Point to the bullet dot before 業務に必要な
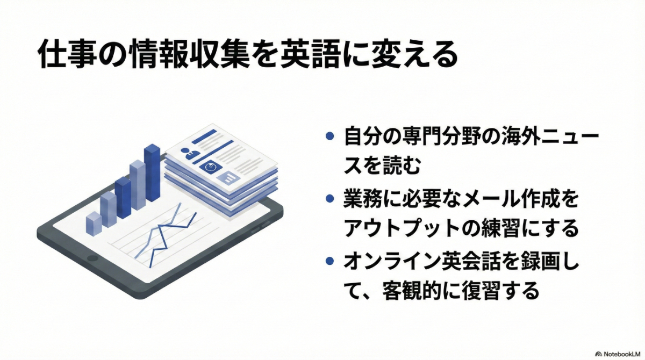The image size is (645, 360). [329, 199]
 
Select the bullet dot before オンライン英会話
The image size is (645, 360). [329, 262]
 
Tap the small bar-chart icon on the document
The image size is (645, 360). [230, 177]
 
